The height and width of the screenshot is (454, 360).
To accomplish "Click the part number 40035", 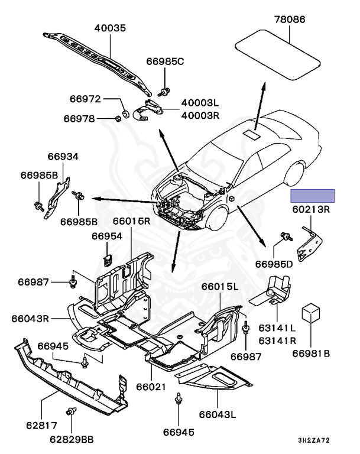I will click(114, 28).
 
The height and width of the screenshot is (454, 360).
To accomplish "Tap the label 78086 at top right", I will click(289, 20).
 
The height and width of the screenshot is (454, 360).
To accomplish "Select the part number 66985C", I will click(166, 61).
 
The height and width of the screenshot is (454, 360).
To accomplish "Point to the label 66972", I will click(85, 99).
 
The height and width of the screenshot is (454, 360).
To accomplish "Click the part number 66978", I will click(79, 118).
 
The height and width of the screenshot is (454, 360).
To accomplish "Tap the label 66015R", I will click(132, 221).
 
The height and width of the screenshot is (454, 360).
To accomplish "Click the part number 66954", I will click(106, 236).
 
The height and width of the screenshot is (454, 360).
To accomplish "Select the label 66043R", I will click(30, 318).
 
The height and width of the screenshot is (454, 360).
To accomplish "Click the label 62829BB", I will click(71, 439).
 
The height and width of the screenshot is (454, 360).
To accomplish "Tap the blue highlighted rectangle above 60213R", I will click(312, 196).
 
